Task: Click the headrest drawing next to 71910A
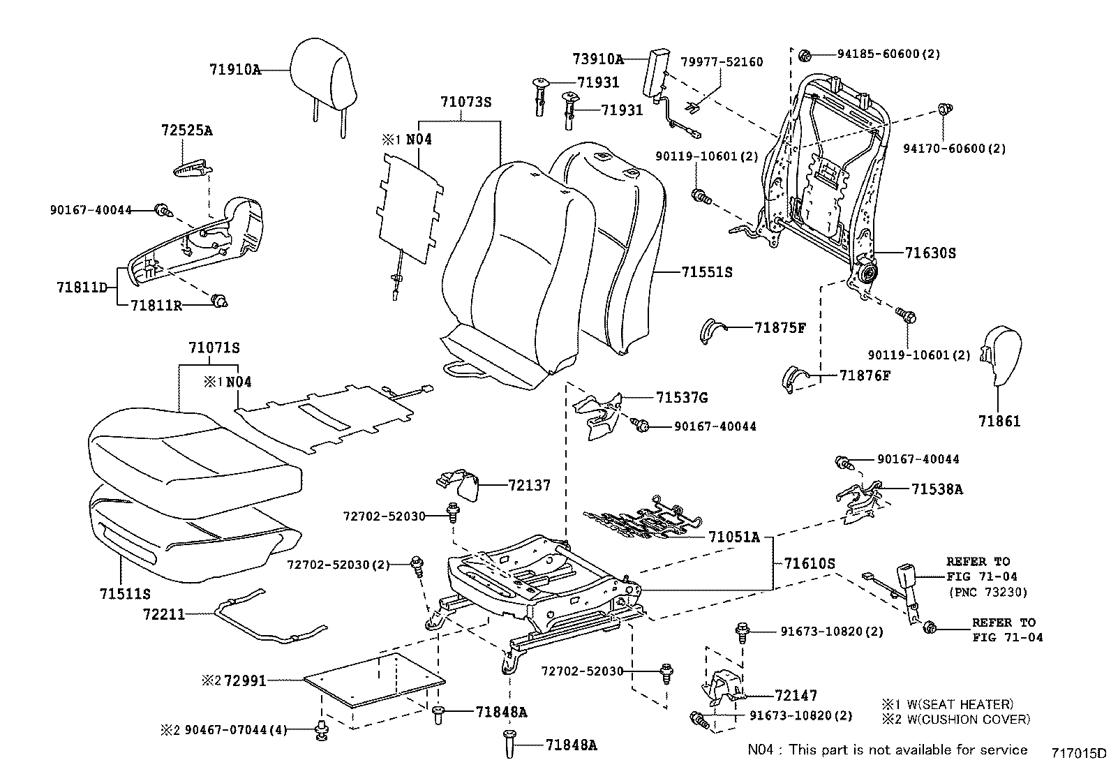[x=322, y=73]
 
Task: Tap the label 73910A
[x=598, y=59]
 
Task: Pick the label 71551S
[x=707, y=272]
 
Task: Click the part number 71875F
[x=780, y=328]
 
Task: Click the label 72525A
[x=186, y=131]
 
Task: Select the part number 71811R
[x=156, y=306]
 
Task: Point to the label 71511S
[x=125, y=595]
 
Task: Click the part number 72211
[x=163, y=614]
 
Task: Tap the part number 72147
[x=796, y=695]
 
